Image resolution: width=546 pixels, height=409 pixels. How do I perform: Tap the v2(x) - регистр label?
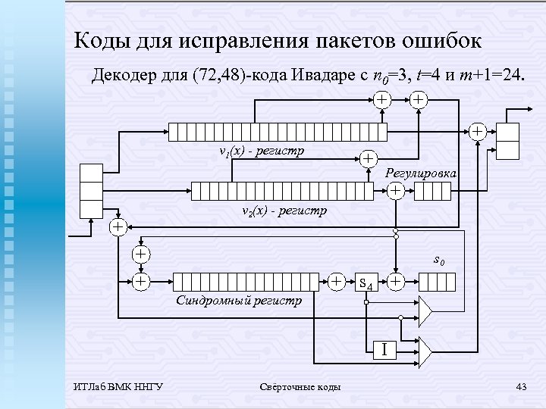pos(283,210)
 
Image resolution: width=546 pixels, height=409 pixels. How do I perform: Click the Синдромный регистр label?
pos(239,301)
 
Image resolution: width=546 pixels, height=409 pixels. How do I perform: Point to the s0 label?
pos(438,261)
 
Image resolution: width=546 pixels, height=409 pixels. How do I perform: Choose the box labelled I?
pos(384,350)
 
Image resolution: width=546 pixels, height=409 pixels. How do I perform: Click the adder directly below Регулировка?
pos(395,192)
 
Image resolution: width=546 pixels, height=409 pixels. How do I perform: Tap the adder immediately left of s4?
pos(337,282)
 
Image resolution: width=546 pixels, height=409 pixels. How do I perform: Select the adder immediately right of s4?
pos(395,282)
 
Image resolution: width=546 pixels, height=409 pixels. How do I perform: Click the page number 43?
pos(520,388)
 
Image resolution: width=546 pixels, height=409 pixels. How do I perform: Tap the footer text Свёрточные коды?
pos(300,388)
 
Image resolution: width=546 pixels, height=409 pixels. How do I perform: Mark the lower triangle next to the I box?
pos(425,350)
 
